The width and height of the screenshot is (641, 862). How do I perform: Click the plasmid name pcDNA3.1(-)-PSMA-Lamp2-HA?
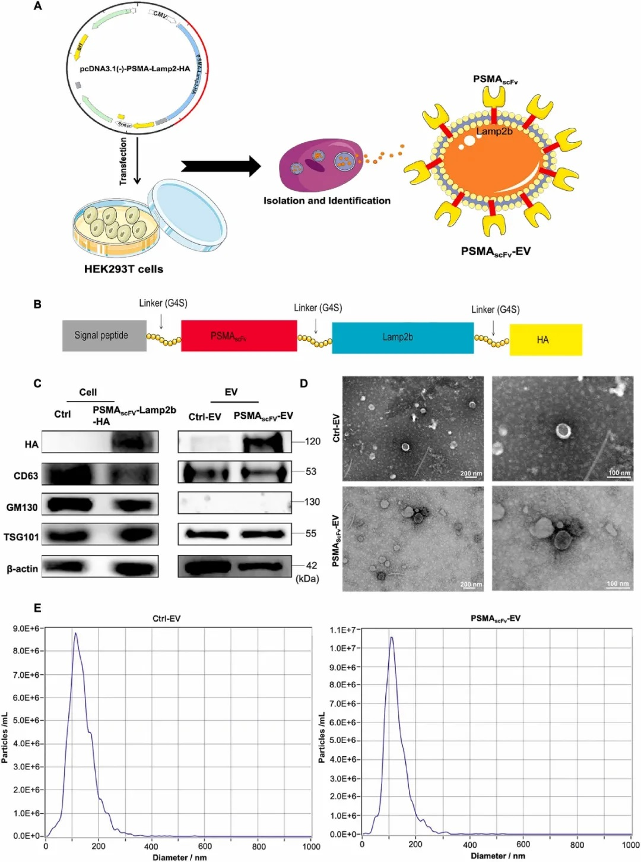[135, 69]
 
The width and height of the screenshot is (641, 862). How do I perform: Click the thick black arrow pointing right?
[220, 166]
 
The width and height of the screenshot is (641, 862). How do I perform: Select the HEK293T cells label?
[123, 269]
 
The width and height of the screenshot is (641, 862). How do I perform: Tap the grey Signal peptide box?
[104, 336]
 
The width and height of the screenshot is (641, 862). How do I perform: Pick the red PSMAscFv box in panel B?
[239, 336]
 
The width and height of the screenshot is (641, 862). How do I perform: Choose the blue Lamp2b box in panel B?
[402, 337]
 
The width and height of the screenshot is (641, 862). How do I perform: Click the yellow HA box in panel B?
[545, 340]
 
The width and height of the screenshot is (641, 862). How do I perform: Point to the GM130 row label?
[22, 507]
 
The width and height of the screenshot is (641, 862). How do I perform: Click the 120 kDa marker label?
[312, 441]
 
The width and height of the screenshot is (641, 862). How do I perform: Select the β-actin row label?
[23, 569]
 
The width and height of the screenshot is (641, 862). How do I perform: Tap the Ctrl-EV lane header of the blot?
[205, 417]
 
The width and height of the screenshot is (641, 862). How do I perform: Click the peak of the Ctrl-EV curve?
[75, 633]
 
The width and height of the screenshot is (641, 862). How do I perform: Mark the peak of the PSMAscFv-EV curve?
[391, 637]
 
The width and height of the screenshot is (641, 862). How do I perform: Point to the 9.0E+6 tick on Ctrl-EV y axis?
[26, 629]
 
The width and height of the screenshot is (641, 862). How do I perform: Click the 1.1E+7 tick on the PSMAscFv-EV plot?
[343, 630]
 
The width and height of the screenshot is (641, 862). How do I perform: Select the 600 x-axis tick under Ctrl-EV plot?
[205, 847]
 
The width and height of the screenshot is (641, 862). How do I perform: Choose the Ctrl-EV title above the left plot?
[166, 618]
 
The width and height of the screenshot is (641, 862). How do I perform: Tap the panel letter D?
[304, 384]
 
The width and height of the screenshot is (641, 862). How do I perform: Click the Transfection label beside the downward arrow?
[123, 161]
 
